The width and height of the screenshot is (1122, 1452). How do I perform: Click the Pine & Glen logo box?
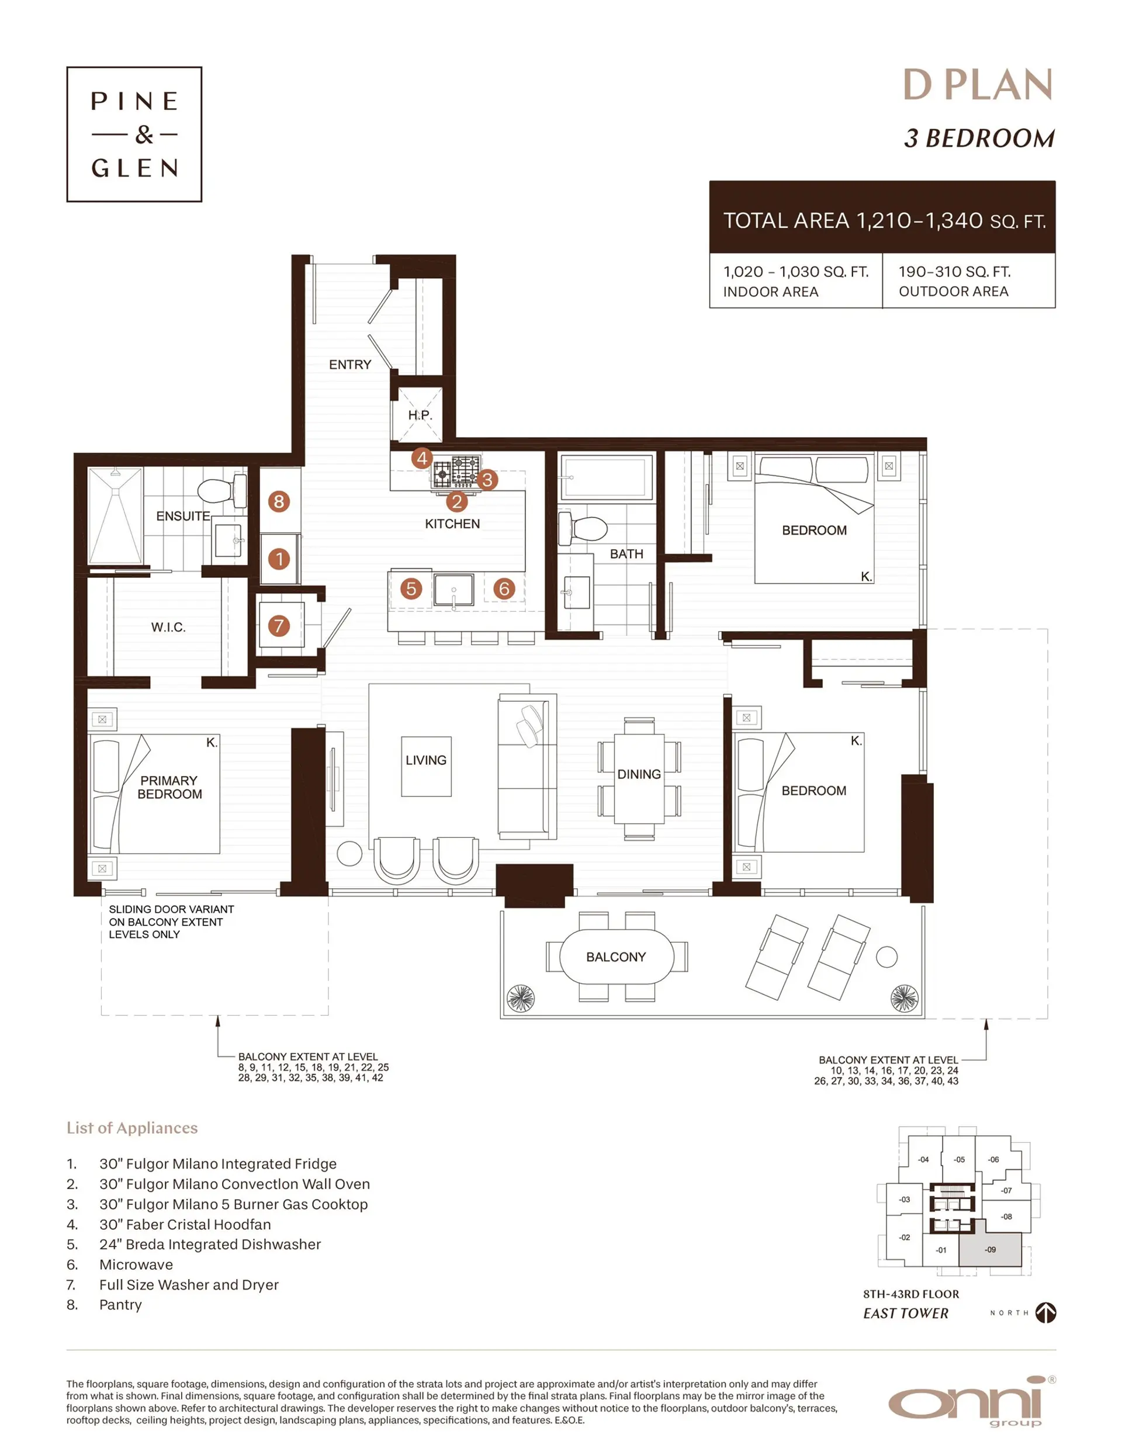click(x=134, y=134)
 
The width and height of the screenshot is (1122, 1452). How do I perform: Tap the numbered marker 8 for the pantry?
click(x=279, y=501)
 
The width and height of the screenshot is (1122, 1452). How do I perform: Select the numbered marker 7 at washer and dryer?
click(x=279, y=625)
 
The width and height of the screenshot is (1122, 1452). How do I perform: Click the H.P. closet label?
click(x=419, y=415)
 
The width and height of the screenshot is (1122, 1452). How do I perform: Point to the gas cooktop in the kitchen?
click(x=457, y=472)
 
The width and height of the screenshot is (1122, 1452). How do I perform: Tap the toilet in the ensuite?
click(x=221, y=490)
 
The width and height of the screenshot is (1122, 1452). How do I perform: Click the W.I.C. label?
click(x=168, y=627)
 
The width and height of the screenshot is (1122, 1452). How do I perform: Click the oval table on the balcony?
click(x=616, y=957)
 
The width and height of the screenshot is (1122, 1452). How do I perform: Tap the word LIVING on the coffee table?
click(x=425, y=760)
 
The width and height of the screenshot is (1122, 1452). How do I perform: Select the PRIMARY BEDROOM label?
click(x=169, y=787)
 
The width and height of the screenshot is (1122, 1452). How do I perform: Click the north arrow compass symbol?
click(x=1045, y=1312)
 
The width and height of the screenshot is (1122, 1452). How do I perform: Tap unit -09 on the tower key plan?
click(x=990, y=1249)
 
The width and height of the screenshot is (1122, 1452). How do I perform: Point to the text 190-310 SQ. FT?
click(x=954, y=271)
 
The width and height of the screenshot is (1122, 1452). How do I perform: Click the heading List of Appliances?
click(x=131, y=1128)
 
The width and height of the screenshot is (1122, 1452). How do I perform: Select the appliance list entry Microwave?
click(x=136, y=1264)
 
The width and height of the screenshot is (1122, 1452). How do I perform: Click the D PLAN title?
click(x=977, y=85)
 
